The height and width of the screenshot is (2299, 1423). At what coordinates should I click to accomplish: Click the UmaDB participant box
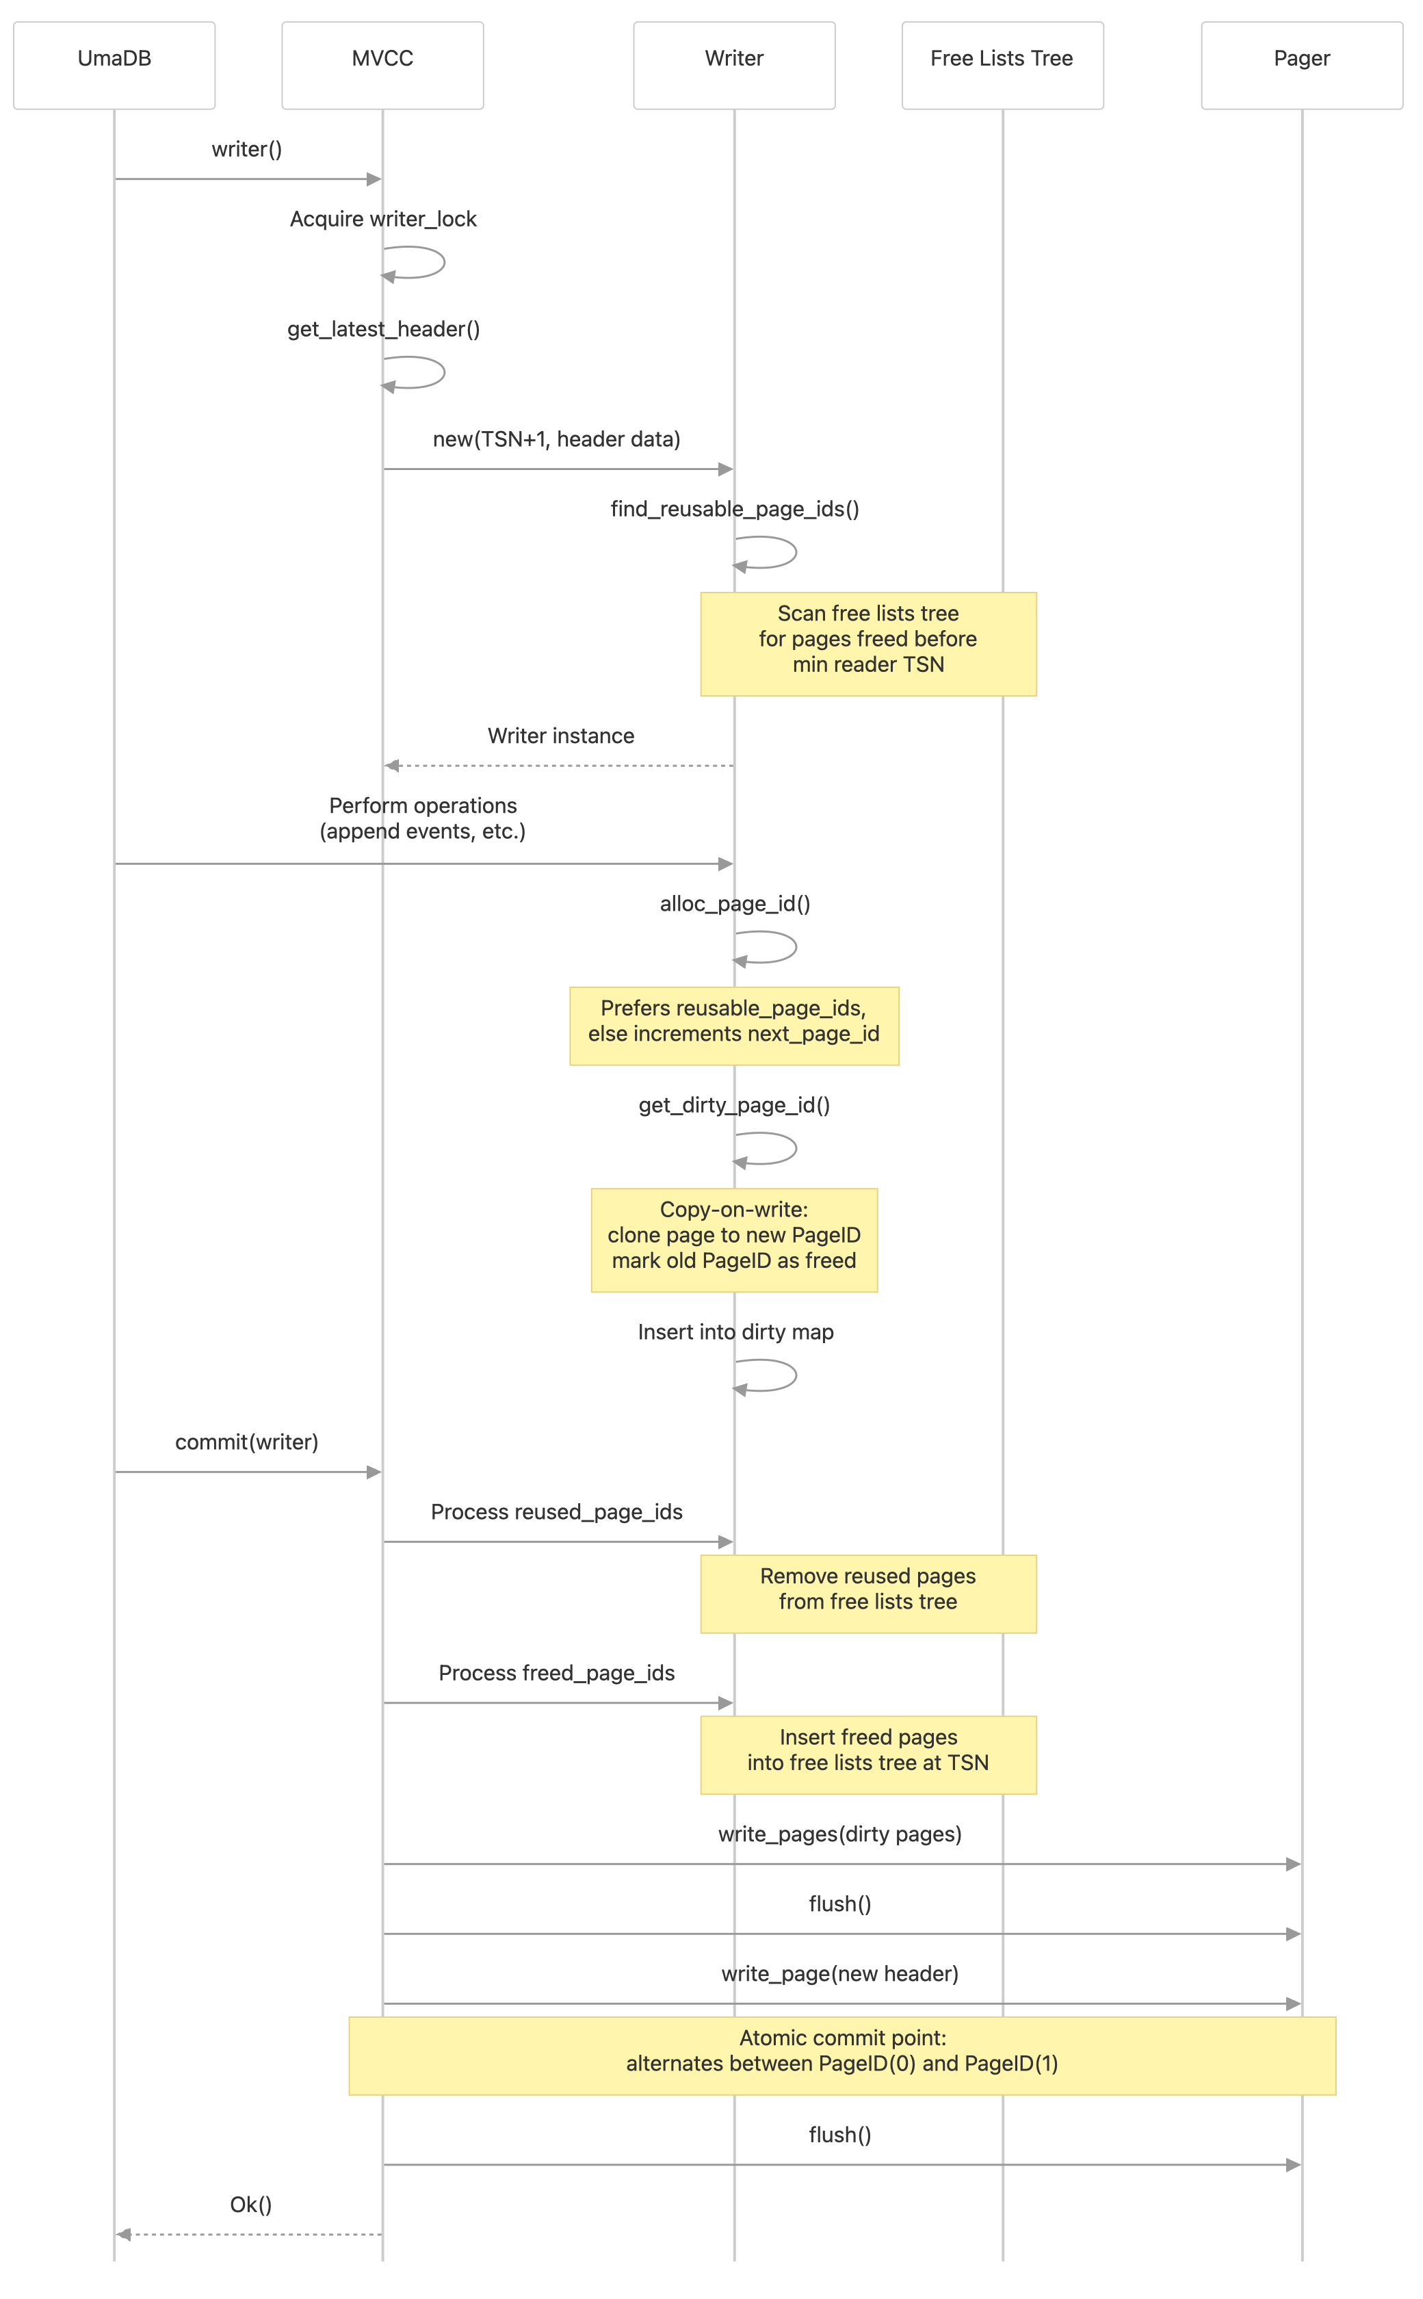coord(114,65)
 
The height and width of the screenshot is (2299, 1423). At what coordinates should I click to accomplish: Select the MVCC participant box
coord(382,65)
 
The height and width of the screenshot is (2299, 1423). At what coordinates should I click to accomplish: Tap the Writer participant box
coord(734,65)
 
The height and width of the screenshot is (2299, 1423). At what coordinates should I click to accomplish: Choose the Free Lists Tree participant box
coord(1002,65)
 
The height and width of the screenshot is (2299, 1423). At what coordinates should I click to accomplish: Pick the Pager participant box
coord(1302,65)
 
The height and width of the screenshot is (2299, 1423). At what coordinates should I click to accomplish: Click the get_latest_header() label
coord(384,329)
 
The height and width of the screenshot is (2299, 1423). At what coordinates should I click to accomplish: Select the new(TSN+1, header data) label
coord(556,439)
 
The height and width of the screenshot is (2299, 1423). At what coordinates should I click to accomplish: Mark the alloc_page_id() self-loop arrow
coord(776,947)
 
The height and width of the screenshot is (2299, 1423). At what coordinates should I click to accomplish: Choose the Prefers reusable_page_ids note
coord(734,1026)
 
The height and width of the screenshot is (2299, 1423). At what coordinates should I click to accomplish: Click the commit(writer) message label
coord(246,1442)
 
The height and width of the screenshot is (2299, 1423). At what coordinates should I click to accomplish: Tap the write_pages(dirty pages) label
coord(839,1834)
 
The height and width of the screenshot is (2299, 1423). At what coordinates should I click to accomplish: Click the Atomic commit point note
coord(841,2055)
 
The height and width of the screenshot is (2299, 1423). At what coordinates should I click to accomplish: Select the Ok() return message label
coord(251,2205)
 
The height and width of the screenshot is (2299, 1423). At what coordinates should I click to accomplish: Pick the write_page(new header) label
coord(839,1973)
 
